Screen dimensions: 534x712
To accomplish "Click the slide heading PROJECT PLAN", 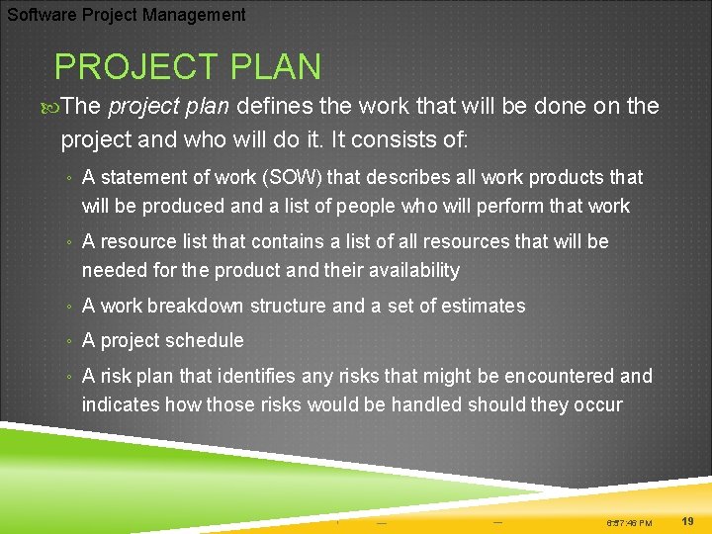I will pyautogui.click(x=188, y=67).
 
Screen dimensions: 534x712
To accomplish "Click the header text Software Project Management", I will pyautogui.click(x=127, y=15).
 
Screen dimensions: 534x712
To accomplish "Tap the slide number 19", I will pyautogui.click(x=688, y=520).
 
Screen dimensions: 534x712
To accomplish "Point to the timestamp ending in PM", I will pyautogui.click(x=629, y=522).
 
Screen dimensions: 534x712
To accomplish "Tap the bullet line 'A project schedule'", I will pyautogui.click(x=162, y=341).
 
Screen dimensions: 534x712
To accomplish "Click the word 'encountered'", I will pyautogui.click(x=557, y=376).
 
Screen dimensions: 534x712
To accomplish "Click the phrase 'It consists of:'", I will pyautogui.click(x=403, y=139).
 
